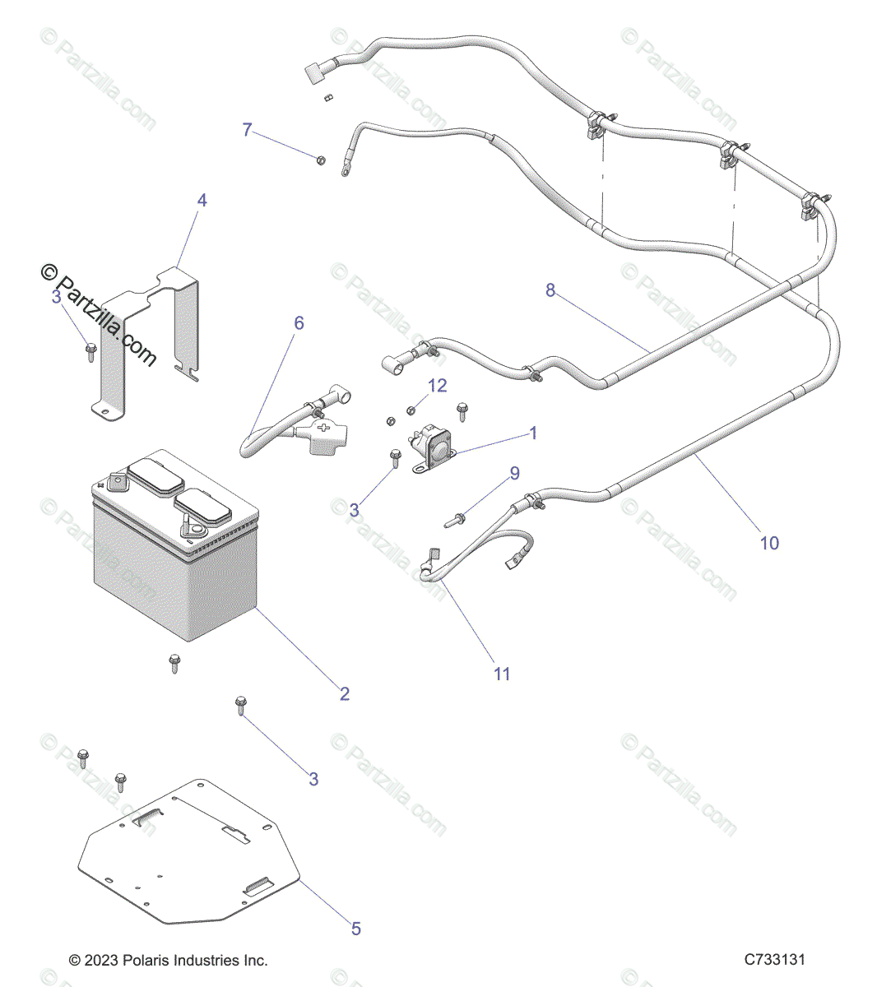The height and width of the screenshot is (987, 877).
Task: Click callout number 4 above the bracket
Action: pos(202,200)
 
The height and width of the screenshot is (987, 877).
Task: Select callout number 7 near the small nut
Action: pos(247,130)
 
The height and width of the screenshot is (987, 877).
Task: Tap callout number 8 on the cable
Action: pos(550,290)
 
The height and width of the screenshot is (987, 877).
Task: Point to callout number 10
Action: pos(768,543)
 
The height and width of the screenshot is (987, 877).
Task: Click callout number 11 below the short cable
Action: pos(502,674)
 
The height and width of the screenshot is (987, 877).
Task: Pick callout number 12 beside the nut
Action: pos(437,385)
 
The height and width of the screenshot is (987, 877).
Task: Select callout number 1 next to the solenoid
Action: pos(533,433)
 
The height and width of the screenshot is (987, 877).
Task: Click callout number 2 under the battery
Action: pos(345,693)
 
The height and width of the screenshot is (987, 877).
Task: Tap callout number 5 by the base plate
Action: pos(356,929)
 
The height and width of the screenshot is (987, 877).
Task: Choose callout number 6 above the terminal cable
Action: pos(299,323)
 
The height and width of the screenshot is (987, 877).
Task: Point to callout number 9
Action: pos(515,473)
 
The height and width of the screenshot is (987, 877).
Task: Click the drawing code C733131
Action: pos(774,960)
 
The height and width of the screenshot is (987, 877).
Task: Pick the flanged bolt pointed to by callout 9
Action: pos(456,519)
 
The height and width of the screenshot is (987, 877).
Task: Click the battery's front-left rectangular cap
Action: pos(151,476)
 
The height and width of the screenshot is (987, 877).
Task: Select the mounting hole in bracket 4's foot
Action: pos(104,408)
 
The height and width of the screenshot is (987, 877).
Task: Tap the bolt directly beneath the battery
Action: pos(174,662)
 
